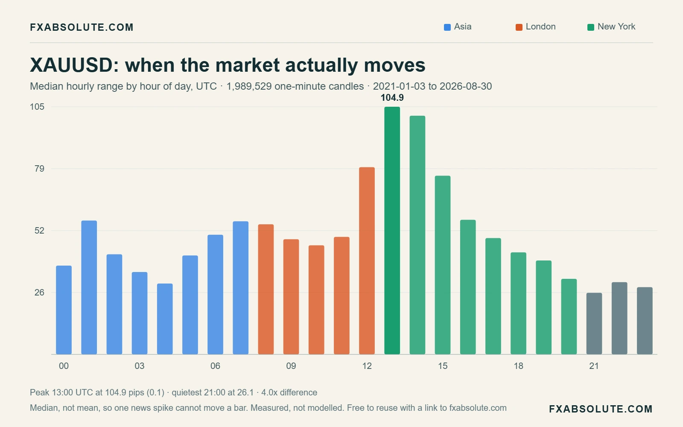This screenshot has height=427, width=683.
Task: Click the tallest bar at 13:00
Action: click(392, 231)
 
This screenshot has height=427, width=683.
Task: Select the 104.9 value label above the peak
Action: click(392, 98)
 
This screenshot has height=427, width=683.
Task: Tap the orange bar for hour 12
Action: click(367, 261)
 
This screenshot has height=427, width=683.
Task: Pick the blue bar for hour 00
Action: click(64, 310)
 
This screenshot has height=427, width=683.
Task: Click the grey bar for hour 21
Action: click(594, 324)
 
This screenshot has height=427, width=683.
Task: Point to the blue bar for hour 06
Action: click(215, 295)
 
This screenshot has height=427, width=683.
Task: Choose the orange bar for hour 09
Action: click(291, 297)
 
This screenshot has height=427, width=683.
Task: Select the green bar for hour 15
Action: click(443, 265)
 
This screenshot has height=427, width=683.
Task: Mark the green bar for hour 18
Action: click(518, 304)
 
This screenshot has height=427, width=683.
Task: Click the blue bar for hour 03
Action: click(140, 313)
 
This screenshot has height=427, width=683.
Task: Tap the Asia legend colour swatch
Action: click(447, 27)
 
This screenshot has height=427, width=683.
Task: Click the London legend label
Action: click(540, 27)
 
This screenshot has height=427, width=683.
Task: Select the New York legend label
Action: click(616, 27)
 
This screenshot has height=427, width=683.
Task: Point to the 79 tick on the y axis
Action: click(39, 169)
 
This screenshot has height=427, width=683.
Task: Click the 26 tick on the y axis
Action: click(39, 292)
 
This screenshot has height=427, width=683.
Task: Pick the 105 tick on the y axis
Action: click(37, 107)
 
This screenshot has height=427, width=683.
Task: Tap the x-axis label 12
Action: click(367, 366)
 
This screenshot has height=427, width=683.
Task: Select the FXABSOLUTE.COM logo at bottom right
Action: click(601, 409)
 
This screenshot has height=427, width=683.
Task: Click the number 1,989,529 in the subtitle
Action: click(249, 86)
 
